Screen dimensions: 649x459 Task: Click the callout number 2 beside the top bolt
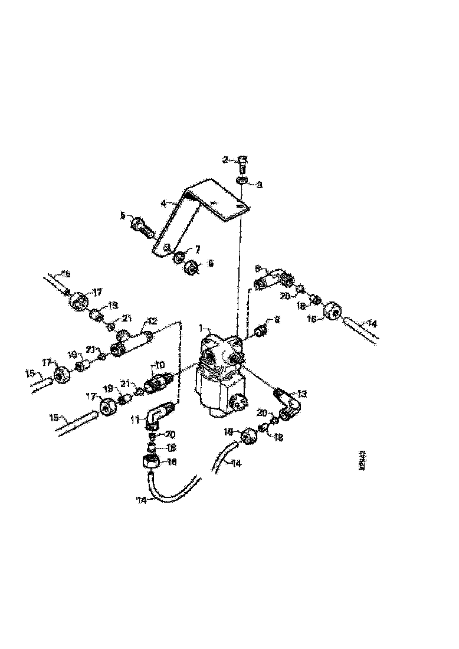[x=225, y=159]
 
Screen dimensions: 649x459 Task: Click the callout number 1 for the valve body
[x=201, y=326]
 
